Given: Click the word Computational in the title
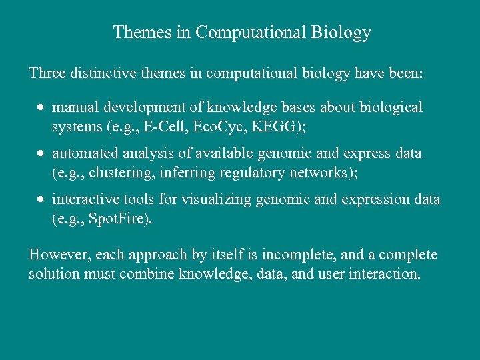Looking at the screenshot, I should pyautogui.click(x=251, y=32).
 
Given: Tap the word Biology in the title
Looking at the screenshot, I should pyautogui.click(x=341, y=32).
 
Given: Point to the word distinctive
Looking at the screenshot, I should pyautogui.click(x=100, y=73).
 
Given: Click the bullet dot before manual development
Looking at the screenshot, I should pyautogui.click(x=41, y=107).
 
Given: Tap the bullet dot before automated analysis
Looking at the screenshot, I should pyautogui.click(x=41, y=153).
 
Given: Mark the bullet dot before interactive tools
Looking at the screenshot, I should pyautogui.click(x=41, y=199).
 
